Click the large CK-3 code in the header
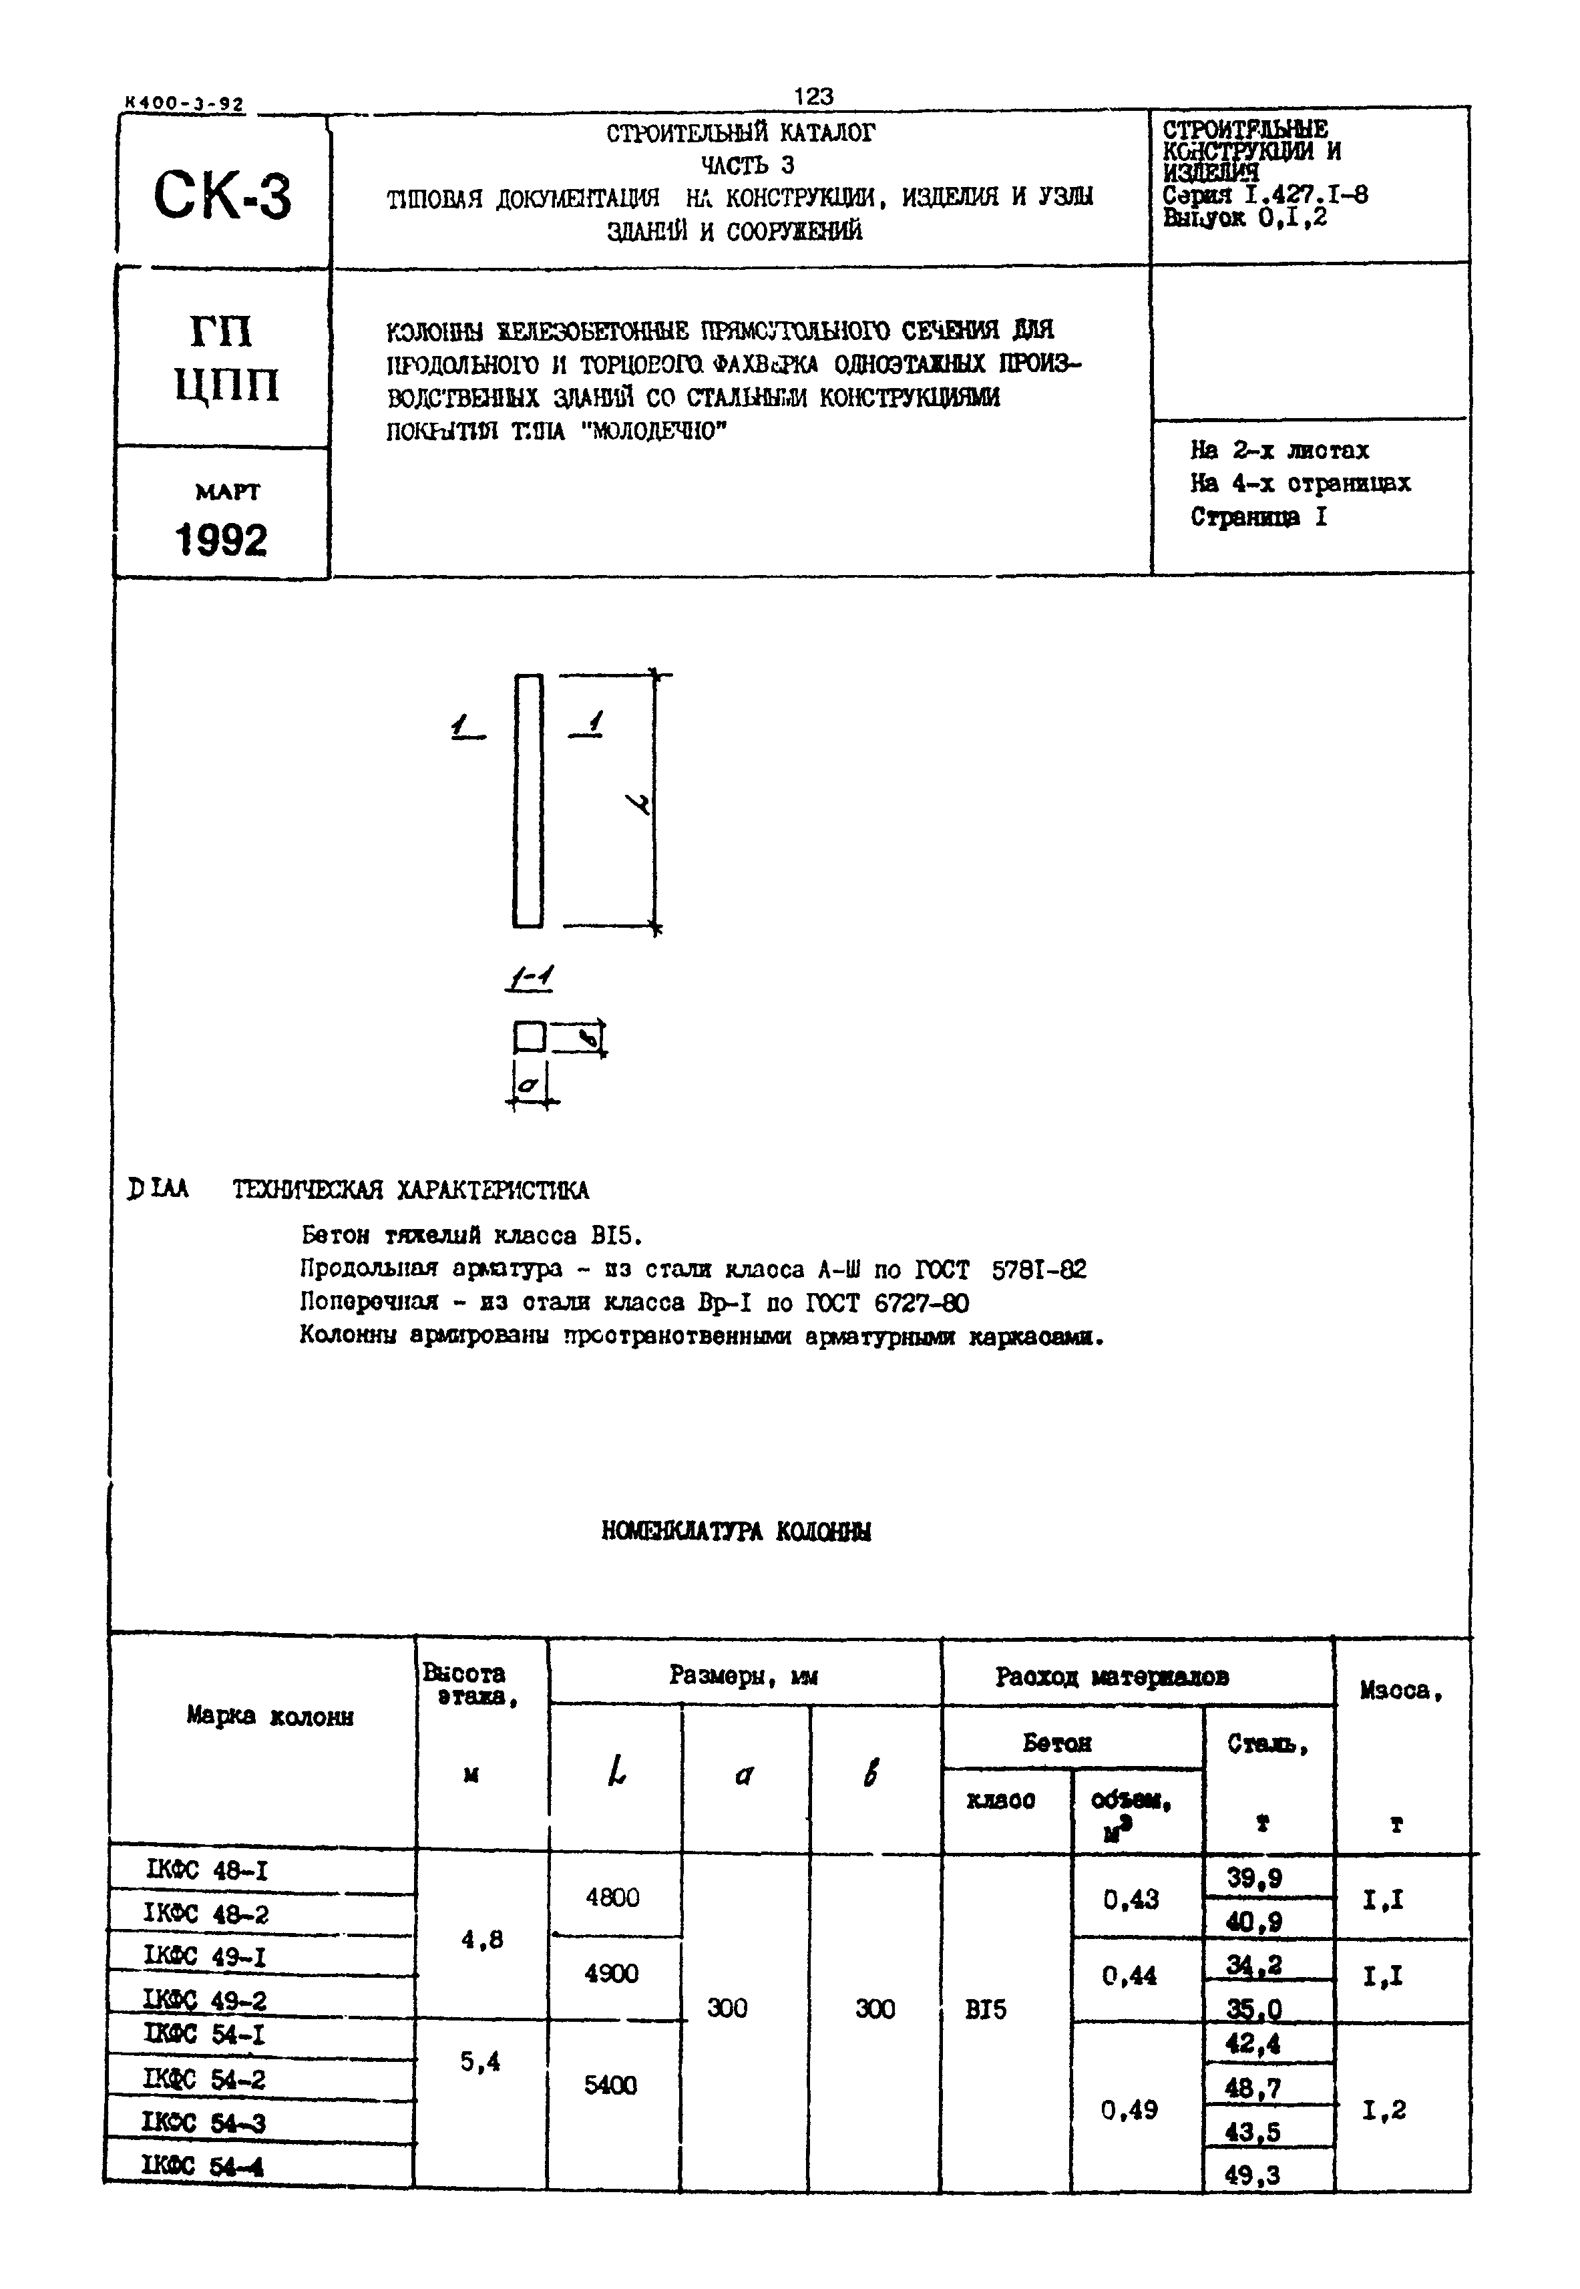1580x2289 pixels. (x=223, y=195)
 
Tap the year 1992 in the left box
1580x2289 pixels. (x=222, y=540)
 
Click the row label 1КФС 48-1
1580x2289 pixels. (x=207, y=1871)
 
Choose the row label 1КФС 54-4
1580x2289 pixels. (x=204, y=2165)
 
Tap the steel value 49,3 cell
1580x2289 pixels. (x=1252, y=2174)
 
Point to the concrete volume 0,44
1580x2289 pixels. (x=1129, y=1976)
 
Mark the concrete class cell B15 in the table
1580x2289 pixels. (x=986, y=2010)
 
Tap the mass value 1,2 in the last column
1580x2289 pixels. (x=1384, y=2110)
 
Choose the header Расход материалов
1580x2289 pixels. (x=1113, y=1677)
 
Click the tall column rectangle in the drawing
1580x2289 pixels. (x=528, y=800)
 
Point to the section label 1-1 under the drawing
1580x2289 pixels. (x=530, y=978)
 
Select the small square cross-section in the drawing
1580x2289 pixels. (x=530, y=1037)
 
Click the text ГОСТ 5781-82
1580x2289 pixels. (x=1000, y=1269)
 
